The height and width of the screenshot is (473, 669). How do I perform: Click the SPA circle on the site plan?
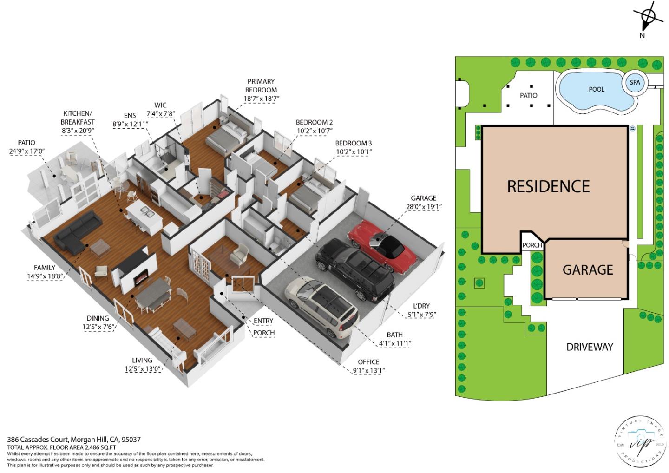pos(635,83)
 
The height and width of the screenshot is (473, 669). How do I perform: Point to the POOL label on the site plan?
pos(596,89)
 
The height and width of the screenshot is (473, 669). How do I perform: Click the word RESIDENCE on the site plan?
pos(548,186)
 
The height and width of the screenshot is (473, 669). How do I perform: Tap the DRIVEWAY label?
pos(589,347)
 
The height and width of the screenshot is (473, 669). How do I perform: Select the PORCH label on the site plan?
pos(532,245)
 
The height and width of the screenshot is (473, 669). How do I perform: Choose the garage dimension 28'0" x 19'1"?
pos(423,207)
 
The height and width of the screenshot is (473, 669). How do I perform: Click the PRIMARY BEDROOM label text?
pos(261,85)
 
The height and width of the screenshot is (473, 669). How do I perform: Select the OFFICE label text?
pos(368,361)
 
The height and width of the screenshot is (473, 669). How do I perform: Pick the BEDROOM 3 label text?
pos(353,143)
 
